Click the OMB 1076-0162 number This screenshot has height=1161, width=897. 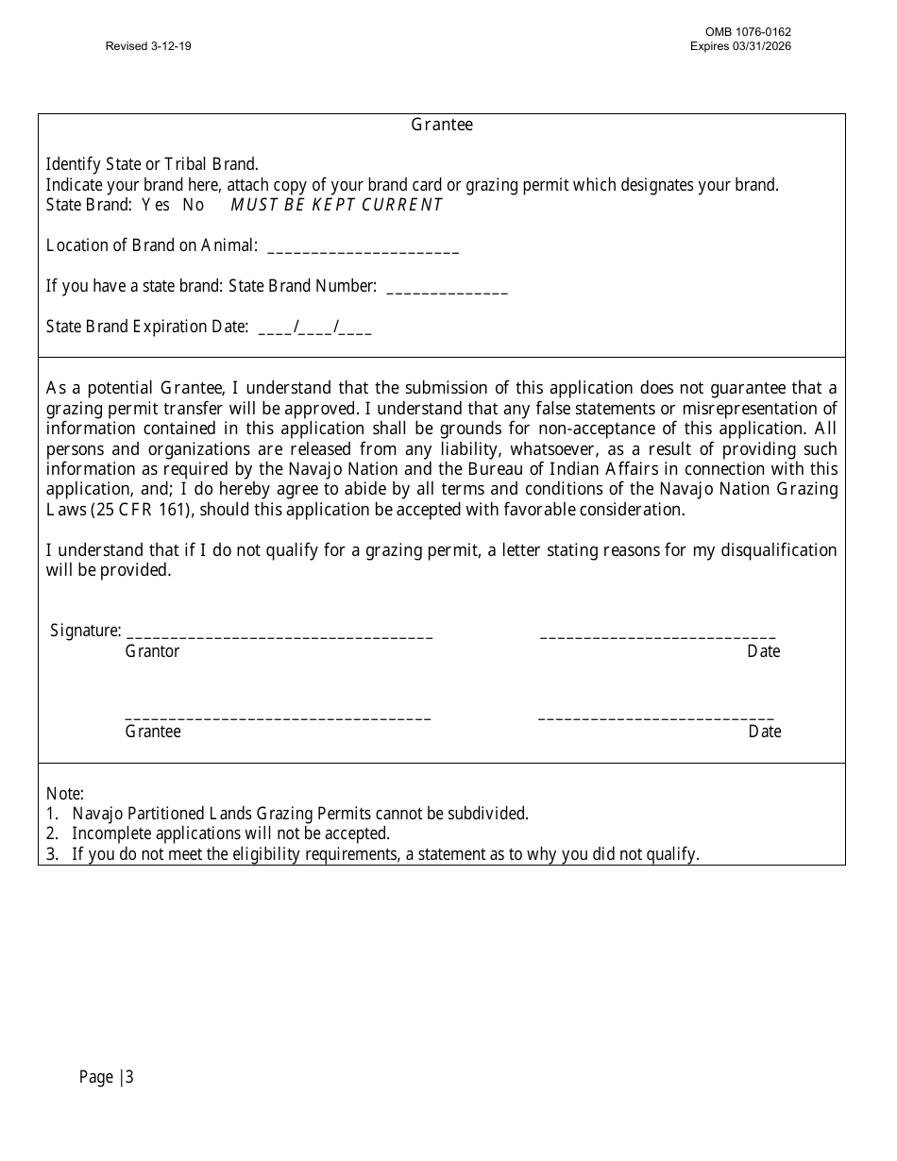[740, 32]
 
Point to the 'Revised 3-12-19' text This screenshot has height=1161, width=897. [148, 46]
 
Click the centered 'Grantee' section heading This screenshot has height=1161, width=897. [442, 125]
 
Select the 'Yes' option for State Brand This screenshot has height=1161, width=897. [156, 205]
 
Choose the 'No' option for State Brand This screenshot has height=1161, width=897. [193, 205]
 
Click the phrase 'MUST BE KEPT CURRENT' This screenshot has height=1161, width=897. [336, 205]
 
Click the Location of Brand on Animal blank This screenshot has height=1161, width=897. [364, 249]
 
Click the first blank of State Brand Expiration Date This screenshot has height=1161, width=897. [275, 330]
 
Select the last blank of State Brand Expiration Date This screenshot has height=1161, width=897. [355, 330]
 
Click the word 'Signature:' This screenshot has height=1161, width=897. [85, 631]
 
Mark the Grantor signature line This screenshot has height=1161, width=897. [279, 636]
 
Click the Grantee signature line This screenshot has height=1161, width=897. [278, 717]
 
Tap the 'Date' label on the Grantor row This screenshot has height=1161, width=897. [763, 651]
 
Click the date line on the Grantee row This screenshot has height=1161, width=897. [656, 717]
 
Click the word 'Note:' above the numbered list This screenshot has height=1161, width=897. [65, 794]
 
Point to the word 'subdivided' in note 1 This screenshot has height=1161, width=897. [491, 814]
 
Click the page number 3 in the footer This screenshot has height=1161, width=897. [129, 1077]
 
